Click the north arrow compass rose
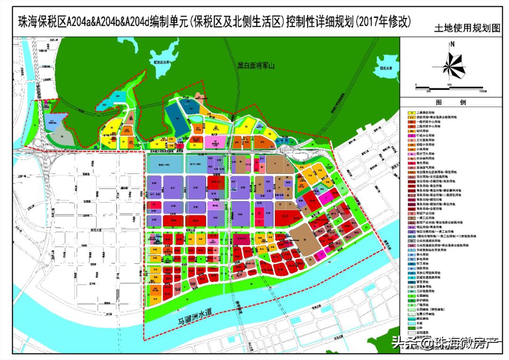pos(451,63)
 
